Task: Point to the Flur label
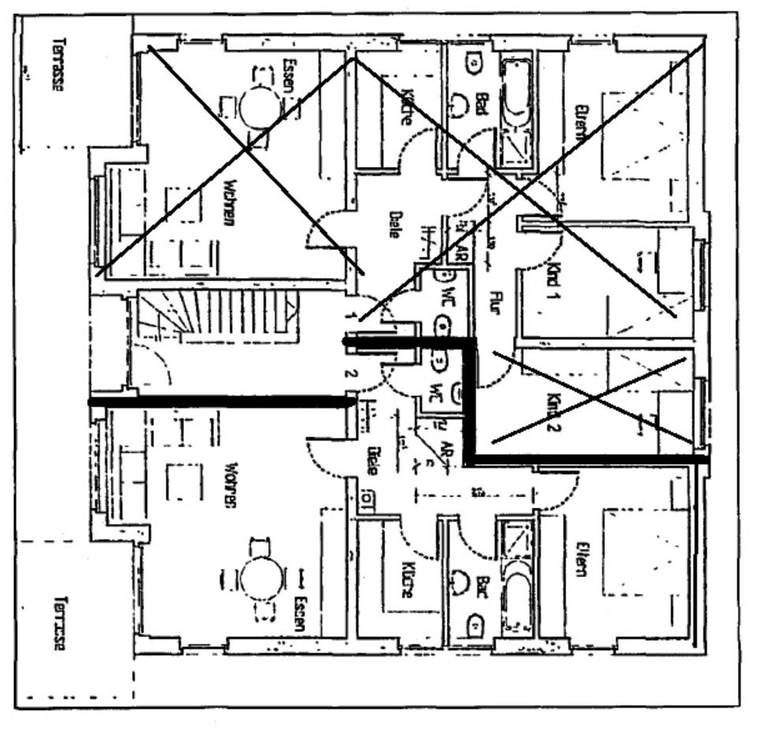495,303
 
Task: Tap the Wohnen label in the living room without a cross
231,485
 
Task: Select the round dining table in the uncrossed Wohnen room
261,578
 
